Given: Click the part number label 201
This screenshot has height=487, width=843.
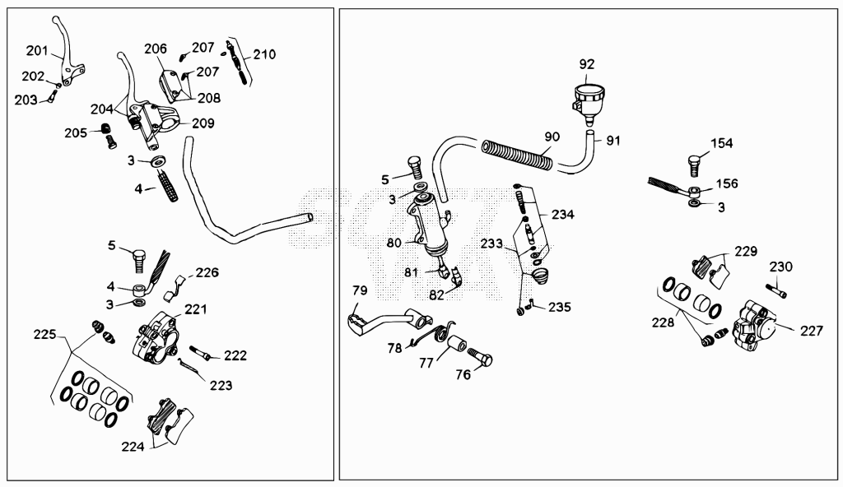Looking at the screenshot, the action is tap(37, 51).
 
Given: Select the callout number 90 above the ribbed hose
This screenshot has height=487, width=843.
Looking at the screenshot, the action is tap(552, 137).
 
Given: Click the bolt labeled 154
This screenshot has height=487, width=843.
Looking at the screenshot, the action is tap(695, 165).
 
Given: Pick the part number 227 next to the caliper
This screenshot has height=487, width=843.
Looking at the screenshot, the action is tap(811, 332).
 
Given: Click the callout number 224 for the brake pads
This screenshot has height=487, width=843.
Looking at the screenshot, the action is tap(133, 447).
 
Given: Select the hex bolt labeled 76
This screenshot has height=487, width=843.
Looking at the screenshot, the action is tap(480, 357).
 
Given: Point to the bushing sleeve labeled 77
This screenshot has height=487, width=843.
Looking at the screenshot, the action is tap(457, 344).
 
